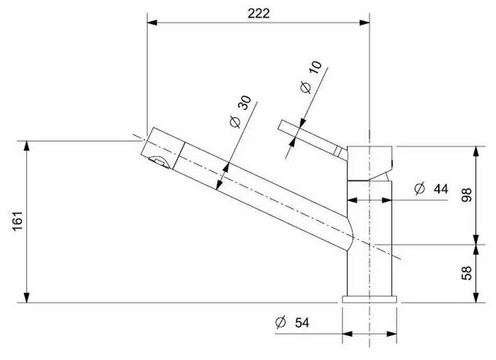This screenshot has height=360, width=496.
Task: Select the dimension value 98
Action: click(x=467, y=194)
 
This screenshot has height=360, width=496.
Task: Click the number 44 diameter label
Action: click(x=441, y=189)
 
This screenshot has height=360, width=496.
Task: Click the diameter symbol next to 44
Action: click(x=420, y=189)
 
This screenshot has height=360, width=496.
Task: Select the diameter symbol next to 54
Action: click(x=280, y=323)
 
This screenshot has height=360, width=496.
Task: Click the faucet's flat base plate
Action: click(x=369, y=299)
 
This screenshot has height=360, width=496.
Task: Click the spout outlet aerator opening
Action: click(x=160, y=162)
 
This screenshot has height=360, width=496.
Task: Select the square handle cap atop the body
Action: click(x=370, y=162)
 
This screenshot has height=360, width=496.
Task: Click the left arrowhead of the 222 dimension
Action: click(x=152, y=22)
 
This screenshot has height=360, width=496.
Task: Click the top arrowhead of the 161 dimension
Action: click(x=27, y=145)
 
